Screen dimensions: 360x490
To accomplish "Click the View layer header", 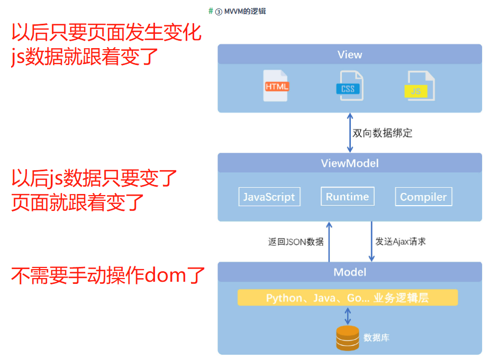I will (350, 54).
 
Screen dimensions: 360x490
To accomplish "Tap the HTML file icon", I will (276, 86).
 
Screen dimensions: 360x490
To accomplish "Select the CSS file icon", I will (348, 86).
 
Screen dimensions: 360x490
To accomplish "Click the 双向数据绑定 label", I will (382, 133).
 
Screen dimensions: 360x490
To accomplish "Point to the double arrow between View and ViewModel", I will (349, 133).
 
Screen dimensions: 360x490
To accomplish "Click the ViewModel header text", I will (350, 163).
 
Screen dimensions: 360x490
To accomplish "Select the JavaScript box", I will (269, 197).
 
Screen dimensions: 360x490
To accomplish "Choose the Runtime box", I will (347, 197).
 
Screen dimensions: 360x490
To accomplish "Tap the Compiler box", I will (423, 197).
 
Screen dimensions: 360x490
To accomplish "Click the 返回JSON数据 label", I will (296, 242).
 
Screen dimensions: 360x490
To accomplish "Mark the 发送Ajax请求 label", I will (401, 242).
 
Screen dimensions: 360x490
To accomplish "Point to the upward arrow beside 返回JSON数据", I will (329, 242).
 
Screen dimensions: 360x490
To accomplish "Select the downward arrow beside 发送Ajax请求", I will (371, 242).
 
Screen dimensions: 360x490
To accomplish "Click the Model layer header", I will (350, 272).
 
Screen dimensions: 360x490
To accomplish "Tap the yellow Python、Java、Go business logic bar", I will (347, 298).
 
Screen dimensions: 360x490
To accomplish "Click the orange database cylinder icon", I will (348, 338).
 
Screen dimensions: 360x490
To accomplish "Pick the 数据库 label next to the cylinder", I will (376, 337).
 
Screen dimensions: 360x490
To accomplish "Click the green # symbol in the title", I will (211, 11).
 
